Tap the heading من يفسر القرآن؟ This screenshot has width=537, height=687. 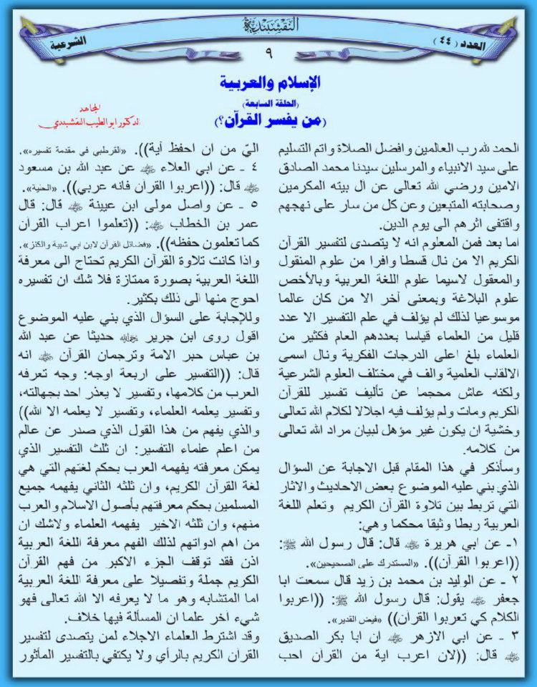coord(268,113)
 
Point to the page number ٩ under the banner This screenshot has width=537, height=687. coord(268,52)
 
